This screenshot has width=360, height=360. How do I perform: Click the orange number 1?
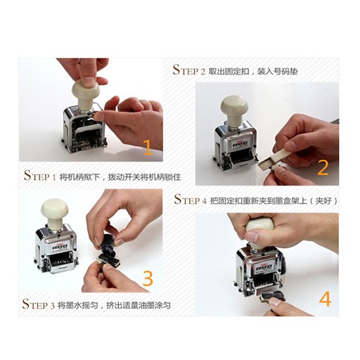[x=148, y=147]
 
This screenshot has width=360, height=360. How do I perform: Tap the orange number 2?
[x=323, y=168]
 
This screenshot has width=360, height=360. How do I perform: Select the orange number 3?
[x=148, y=278]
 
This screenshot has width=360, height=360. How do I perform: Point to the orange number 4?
[x=326, y=299]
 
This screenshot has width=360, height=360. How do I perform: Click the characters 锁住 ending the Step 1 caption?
[x=173, y=176]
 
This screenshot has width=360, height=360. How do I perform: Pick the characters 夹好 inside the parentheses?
[x=323, y=200]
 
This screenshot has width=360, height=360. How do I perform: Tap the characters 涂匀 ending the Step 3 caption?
[x=162, y=305]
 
